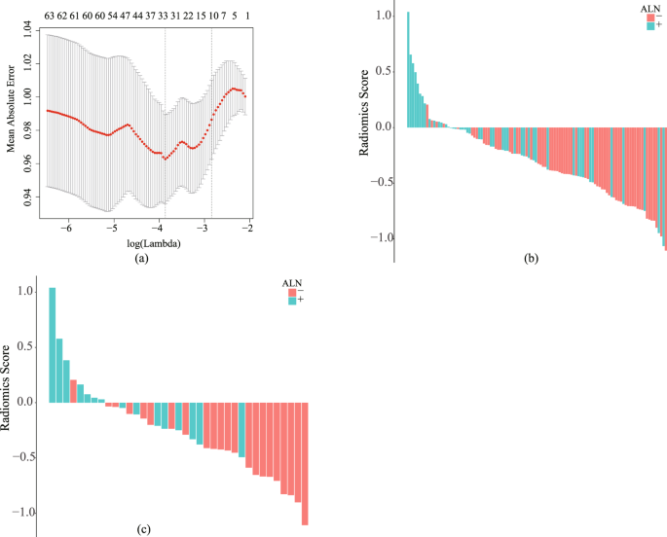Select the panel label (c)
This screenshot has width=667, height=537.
[144, 530]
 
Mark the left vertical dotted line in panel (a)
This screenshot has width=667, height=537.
[165, 122]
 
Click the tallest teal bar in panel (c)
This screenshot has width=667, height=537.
[53, 344]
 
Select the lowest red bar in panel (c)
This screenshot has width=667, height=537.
[305, 463]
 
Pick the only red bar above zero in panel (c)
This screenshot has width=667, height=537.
[74, 391]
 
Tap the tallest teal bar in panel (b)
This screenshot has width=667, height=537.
[408, 69]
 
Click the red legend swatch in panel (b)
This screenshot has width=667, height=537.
[650, 17]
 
